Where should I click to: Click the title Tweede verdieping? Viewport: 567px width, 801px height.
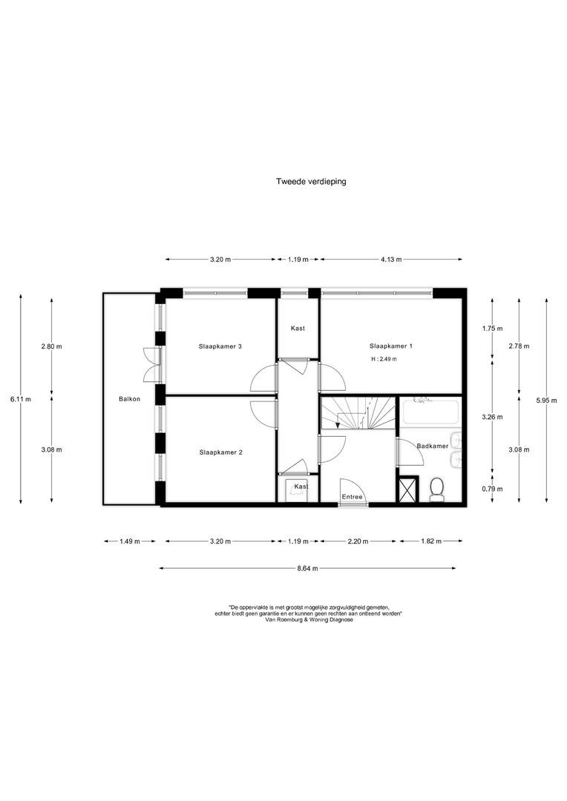(311, 182)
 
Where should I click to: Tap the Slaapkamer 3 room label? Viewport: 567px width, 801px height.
(220, 346)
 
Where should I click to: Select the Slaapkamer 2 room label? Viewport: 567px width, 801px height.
(221, 452)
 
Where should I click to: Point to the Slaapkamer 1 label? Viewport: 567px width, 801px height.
(390, 346)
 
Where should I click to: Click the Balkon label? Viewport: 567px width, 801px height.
(129, 399)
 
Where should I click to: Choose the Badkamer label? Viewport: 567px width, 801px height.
(432, 446)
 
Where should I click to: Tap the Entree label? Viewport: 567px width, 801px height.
(353, 497)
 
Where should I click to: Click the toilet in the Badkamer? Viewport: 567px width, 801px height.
(436, 489)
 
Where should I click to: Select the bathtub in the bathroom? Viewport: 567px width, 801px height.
(430, 412)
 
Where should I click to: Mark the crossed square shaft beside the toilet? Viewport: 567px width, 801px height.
(408, 489)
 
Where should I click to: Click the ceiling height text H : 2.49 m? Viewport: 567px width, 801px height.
(384, 359)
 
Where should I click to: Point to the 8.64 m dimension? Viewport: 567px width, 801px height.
(307, 568)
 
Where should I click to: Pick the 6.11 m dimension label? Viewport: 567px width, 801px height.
(21, 400)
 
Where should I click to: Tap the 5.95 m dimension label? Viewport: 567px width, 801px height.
(546, 400)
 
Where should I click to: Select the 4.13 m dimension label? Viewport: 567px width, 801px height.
(391, 260)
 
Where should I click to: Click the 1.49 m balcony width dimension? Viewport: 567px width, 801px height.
(130, 541)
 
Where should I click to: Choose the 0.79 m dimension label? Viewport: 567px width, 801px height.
(492, 489)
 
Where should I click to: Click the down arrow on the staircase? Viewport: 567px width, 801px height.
(337, 421)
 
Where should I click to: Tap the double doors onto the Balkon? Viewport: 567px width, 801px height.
(152, 364)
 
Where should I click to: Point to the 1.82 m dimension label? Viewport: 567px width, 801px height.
(431, 541)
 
